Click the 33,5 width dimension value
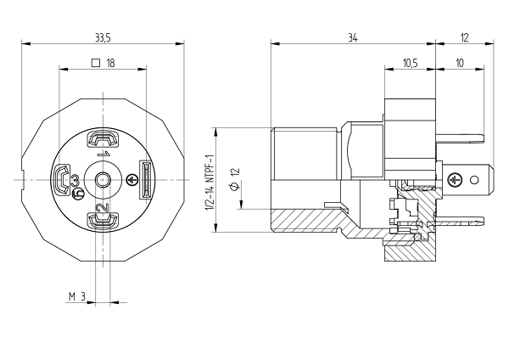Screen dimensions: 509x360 tap(103, 38)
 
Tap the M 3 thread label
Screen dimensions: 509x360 tap(77, 296)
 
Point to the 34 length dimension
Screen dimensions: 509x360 tap(353, 38)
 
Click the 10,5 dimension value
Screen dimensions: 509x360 tap(410, 63)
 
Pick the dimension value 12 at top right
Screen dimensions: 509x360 tap(465, 38)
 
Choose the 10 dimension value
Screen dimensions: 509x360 tap(460, 63)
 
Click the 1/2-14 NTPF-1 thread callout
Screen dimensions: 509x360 tap(210, 183)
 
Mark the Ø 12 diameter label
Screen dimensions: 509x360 tap(235, 178)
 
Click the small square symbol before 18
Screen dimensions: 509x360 tap(96, 63)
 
